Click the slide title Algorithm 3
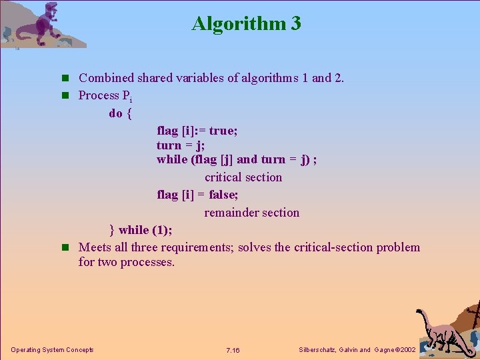246,23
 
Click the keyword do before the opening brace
115,113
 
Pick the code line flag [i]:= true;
197,131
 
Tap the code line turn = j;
180,145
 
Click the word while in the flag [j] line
172,159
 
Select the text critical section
243,177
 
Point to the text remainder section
251,213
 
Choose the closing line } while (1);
141,230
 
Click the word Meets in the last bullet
95,247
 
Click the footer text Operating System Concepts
52,350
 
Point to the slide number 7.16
233,350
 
